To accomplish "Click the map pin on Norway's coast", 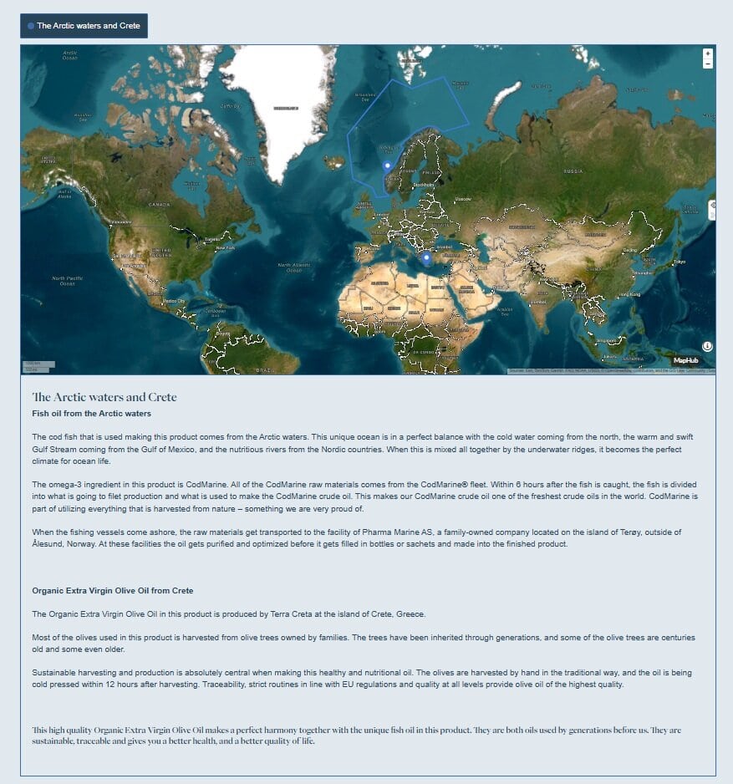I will coord(387,166).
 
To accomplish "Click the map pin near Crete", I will coord(425,258).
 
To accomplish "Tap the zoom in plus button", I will coord(708,53).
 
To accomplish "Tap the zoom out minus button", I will coord(708,64).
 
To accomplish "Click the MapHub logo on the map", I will coord(685,360).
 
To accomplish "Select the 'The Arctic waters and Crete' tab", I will coord(84,26).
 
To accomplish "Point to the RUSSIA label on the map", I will coord(573,171).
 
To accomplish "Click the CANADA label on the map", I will coord(159,204).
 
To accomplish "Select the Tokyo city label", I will coord(679,262).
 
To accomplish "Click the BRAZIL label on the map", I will coord(265,369).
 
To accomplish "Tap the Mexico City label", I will coord(175,301).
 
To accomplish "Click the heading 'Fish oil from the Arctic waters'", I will coord(91,414).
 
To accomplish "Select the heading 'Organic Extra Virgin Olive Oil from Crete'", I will coord(113,591).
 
